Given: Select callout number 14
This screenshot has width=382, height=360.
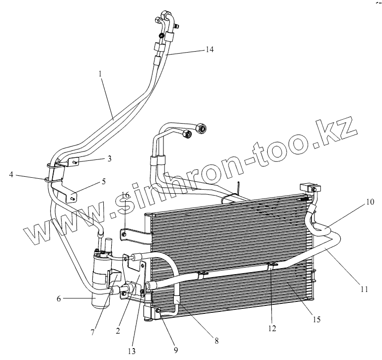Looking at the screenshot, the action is coord(209,50).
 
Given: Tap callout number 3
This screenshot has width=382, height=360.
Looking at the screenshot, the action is coord(109,158).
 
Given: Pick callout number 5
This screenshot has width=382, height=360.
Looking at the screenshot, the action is coord(103,182).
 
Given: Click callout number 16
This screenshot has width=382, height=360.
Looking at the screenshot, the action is coord(60,299).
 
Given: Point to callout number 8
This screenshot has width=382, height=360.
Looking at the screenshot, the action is coord(272,328).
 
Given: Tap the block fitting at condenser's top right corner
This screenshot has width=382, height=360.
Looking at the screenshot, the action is coord(310,187).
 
